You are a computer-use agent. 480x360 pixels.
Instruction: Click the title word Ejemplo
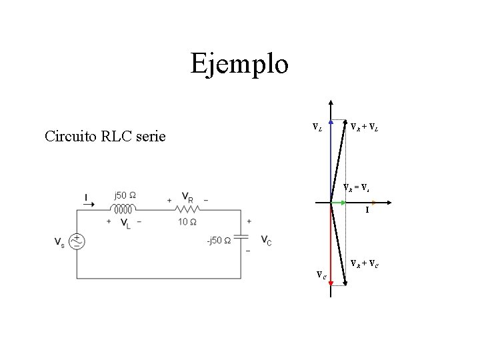[x=239, y=65]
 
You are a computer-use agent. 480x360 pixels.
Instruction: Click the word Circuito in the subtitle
[x=72, y=137]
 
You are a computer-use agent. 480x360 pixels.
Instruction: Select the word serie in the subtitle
[x=150, y=137]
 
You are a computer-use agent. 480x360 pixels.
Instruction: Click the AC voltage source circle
[x=77, y=241]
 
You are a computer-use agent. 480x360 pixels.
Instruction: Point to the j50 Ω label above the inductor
[x=125, y=195]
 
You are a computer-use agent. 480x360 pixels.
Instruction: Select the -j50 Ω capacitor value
[x=219, y=241]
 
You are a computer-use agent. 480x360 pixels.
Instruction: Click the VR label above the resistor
[x=187, y=198]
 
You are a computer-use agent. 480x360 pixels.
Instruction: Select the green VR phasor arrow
[x=340, y=203]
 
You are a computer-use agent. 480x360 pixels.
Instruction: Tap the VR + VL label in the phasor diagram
[x=365, y=127]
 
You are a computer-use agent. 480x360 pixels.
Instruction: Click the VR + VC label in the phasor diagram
[x=365, y=263]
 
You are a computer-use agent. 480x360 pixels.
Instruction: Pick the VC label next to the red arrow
[x=321, y=274]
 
